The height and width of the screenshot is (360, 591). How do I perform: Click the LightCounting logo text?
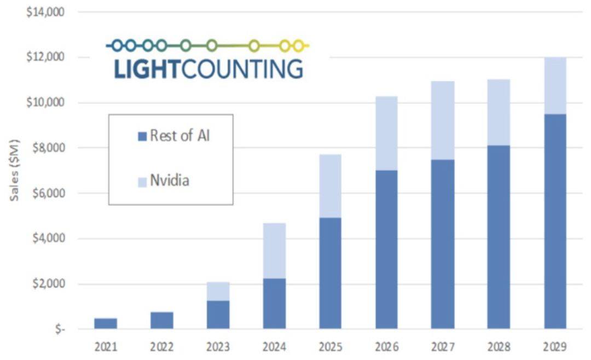208,69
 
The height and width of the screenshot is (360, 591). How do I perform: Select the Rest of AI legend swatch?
142,136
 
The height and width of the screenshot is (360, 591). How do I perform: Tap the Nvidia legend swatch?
142,181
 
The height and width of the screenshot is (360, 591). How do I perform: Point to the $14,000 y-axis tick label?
46,11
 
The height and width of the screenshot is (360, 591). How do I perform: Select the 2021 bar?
106,323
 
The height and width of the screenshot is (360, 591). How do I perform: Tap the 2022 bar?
162,320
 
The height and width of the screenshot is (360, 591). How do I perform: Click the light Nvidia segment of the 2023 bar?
218,291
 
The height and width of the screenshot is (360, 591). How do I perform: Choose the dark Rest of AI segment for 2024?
274,304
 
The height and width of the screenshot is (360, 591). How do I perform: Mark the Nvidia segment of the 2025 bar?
330,186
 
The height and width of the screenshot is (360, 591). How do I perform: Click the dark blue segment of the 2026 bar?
386,249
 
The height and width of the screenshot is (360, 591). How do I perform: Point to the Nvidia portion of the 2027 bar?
442,120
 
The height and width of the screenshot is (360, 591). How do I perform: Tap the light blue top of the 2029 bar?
555,86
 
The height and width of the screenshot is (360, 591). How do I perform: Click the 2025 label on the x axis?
330,347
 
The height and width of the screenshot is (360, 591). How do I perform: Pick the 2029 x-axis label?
555,347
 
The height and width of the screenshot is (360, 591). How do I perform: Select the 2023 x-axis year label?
218,347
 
